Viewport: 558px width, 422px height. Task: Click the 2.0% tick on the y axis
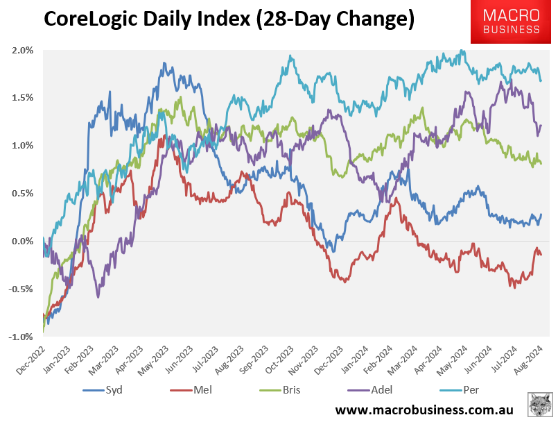[22, 50]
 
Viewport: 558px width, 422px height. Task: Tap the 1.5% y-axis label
[22, 98]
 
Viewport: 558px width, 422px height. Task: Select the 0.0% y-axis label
[22, 242]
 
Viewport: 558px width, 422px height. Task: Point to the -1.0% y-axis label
[21, 337]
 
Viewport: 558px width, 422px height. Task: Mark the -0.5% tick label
[21, 289]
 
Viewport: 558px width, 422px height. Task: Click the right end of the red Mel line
[541, 254]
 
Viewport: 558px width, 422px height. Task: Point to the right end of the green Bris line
[541, 164]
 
